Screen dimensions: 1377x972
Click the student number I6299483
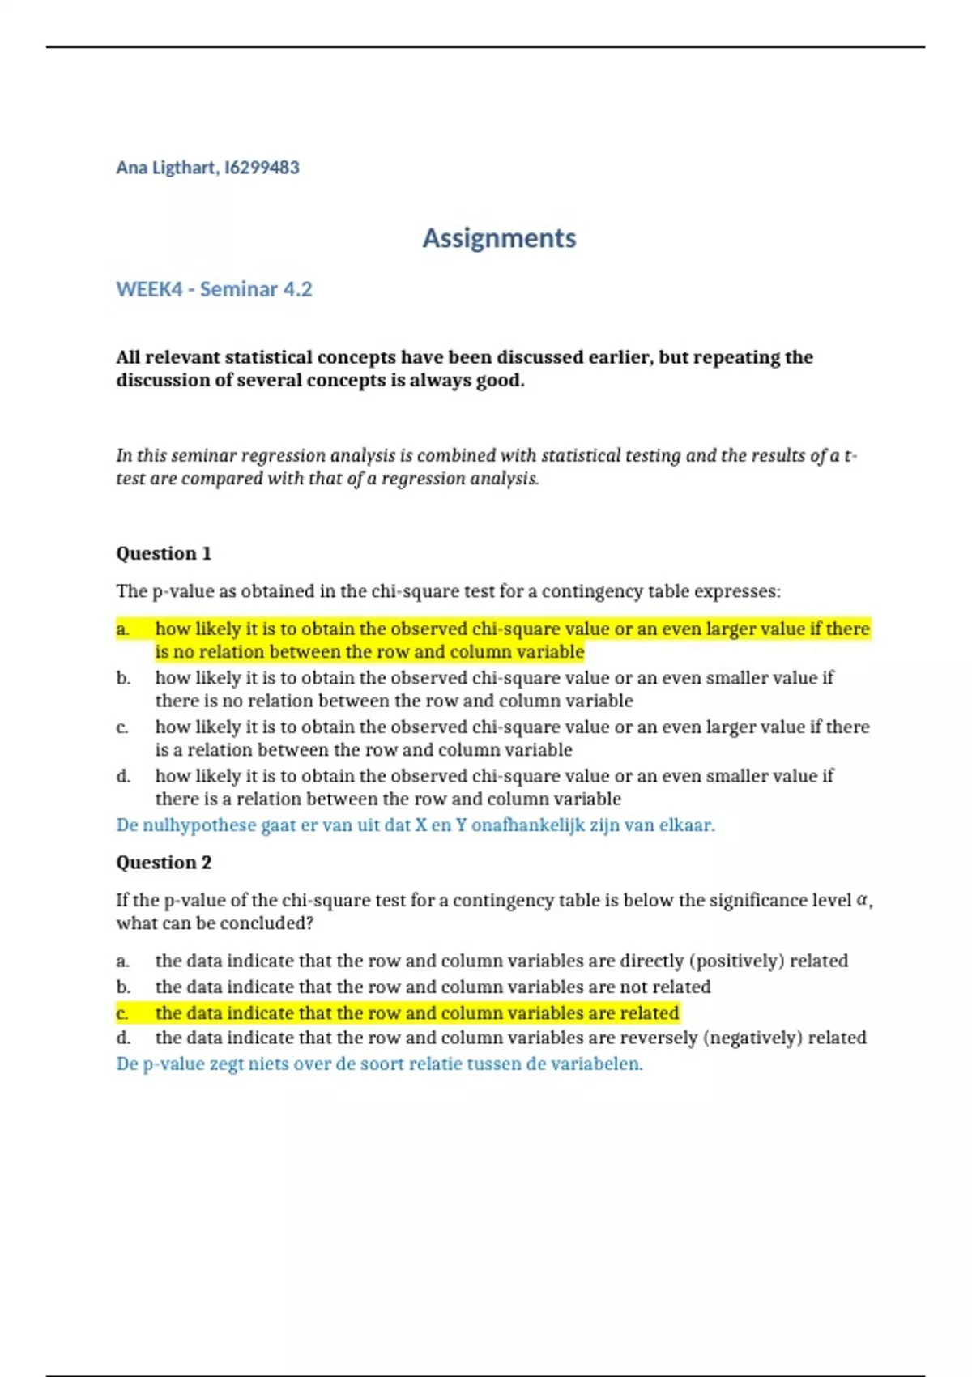[x=262, y=168]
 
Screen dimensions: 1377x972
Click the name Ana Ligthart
[x=166, y=168]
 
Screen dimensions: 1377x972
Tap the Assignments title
[x=499, y=238]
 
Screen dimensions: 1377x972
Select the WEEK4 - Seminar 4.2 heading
[x=214, y=289]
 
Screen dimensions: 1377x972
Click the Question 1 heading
[x=164, y=553]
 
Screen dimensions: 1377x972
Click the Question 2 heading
[x=164, y=863]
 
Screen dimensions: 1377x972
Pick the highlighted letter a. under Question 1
[x=123, y=629]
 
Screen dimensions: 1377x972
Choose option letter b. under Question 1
[x=123, y=678]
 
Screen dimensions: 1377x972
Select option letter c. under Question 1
[x=122, y=727]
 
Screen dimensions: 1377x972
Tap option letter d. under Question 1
[x=123, y=776]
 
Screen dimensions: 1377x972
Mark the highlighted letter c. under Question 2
[x=122, y=1013]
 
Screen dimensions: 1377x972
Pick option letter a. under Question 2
[x=123, y=961]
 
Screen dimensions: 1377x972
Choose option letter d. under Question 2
[x=123, y=1038]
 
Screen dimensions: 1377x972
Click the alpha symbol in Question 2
[x=863, y=900]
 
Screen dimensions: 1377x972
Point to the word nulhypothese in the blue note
[x=199, y=825]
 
